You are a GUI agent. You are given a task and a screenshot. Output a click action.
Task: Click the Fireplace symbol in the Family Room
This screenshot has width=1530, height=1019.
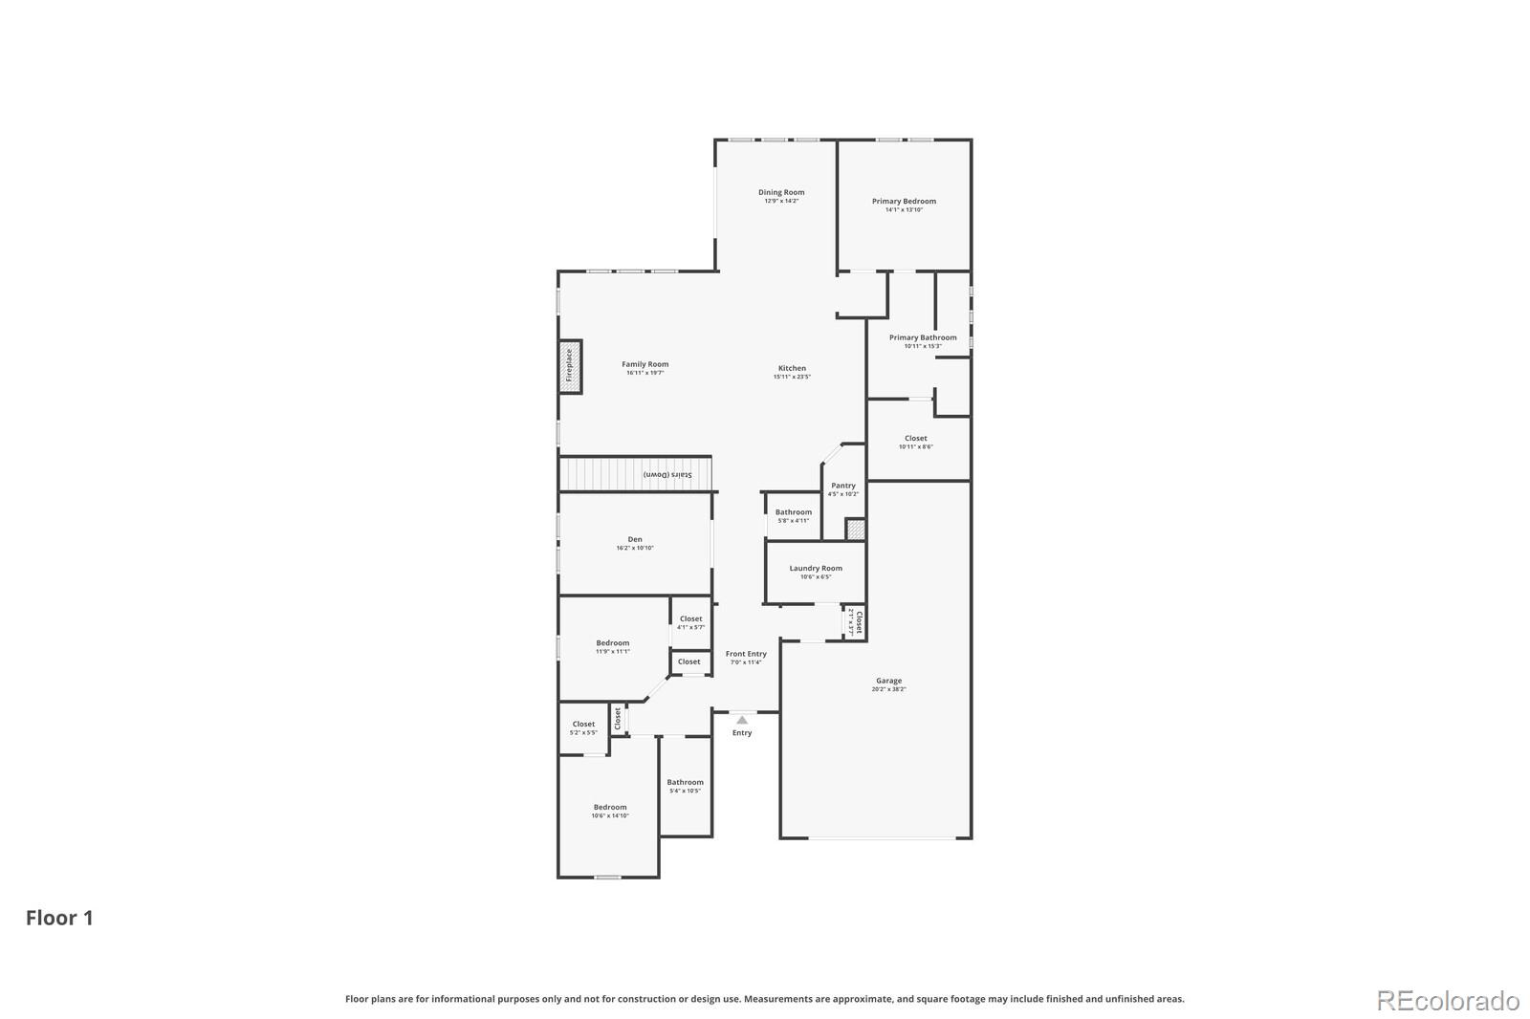click(x=570, y=365)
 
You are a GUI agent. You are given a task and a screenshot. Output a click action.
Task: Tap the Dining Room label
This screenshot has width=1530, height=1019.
click(x=781, y=192)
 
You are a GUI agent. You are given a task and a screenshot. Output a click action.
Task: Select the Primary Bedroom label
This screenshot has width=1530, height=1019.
click(x=904, y=201)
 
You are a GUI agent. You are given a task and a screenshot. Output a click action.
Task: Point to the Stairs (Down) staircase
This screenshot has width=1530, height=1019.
click(x=635, y=474)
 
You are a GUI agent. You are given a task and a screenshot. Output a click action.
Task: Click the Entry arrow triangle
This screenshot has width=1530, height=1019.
click(x=742, y=720)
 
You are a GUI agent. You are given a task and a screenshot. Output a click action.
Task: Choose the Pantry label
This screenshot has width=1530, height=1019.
click(x=842, y=486)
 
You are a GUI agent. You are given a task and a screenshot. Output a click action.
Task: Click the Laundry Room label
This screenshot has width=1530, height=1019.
click(x=816, y=568)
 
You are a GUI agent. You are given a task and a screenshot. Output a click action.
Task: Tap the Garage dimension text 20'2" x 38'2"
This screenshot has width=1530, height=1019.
click(x=888, y=689)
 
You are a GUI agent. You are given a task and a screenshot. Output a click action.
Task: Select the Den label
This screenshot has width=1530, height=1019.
click(x=635, y=539)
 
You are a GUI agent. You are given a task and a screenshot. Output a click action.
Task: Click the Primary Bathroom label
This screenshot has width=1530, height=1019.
click(x=922, y=337)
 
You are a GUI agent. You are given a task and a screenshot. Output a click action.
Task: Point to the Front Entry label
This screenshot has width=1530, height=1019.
click(x=746, y=654)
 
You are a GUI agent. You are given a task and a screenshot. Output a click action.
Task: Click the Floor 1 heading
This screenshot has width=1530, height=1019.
click(x=59, y=918)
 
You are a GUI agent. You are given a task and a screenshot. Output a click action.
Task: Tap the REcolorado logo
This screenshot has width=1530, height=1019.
click(x=1447, y=1000)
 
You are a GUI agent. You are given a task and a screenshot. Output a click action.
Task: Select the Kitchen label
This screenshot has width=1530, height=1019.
click(x=792, y=368)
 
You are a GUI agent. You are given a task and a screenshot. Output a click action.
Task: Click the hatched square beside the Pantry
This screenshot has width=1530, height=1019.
click(x=855, y=529)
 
